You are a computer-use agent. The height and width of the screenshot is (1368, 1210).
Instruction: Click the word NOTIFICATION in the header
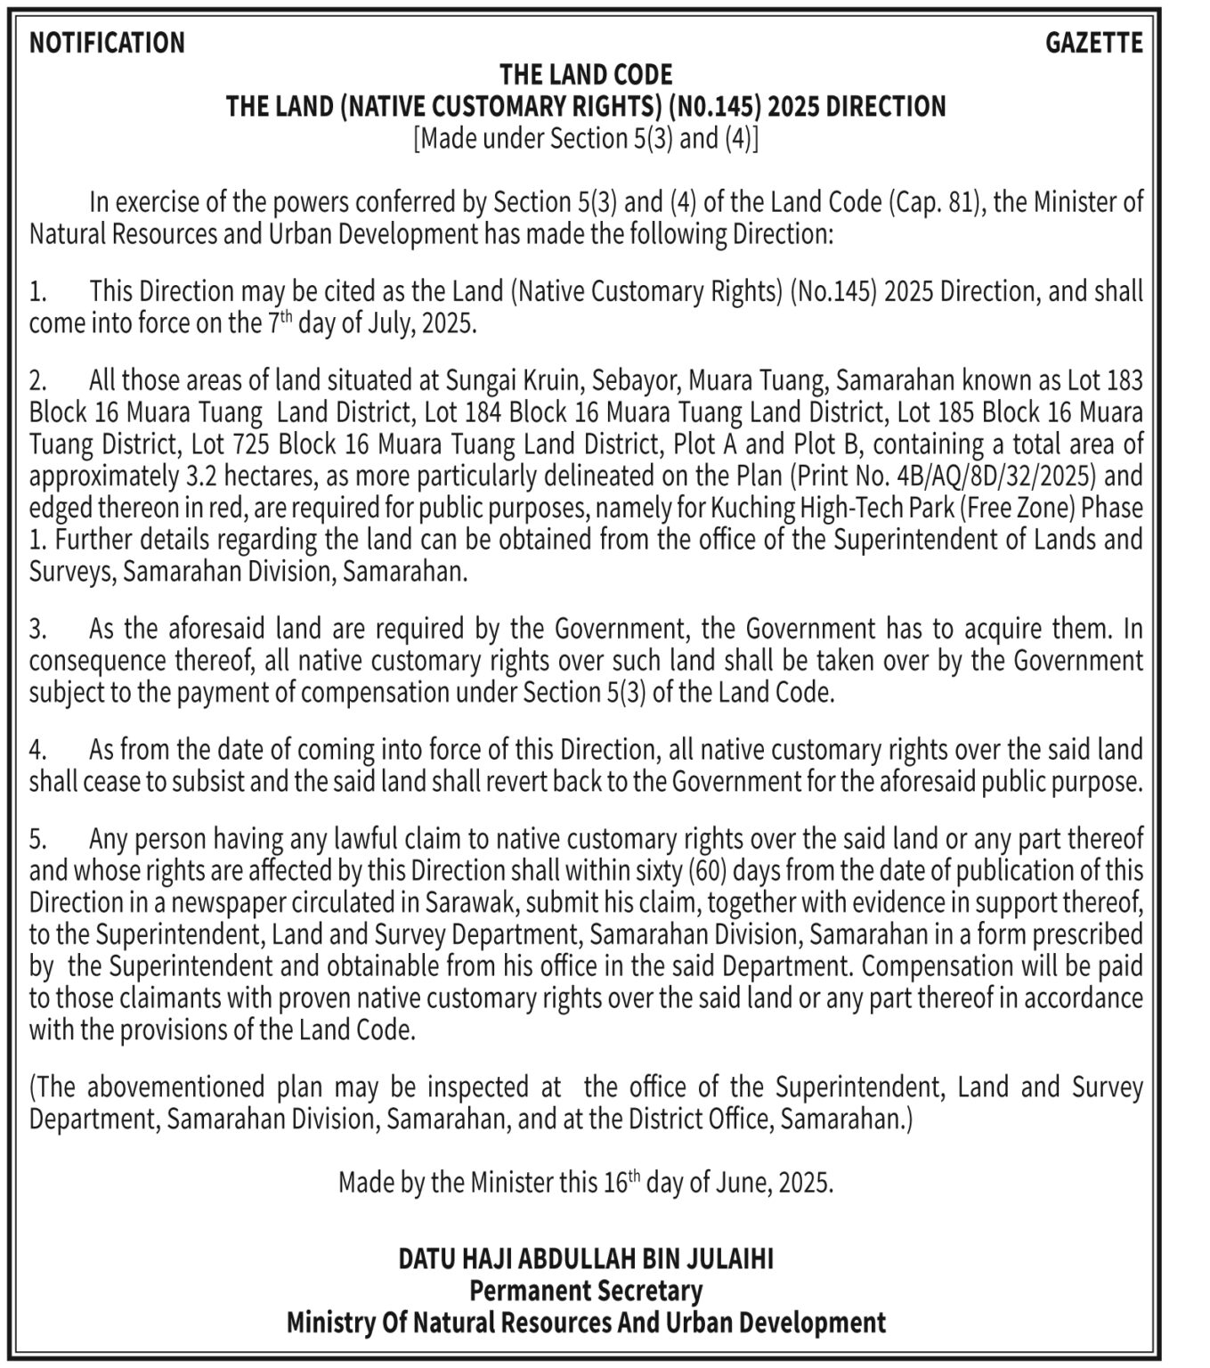click(107, 43)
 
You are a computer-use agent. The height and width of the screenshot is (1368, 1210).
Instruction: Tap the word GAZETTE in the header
click(1093, 43)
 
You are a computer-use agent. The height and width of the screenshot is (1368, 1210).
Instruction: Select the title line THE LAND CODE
click(586, 75)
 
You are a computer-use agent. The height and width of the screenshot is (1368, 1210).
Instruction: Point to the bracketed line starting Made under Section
click(586, 139)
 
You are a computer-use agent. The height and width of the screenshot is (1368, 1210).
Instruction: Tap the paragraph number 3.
click(37, 630)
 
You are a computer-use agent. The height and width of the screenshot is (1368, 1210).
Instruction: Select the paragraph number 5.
click(37, 839)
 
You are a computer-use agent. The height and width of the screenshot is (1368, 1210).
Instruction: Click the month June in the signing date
click(743, 1184)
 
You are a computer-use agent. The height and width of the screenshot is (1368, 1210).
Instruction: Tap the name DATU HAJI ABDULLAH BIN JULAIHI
click(586, 1258)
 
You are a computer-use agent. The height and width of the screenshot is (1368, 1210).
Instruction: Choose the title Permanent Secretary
click(586, 1291)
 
